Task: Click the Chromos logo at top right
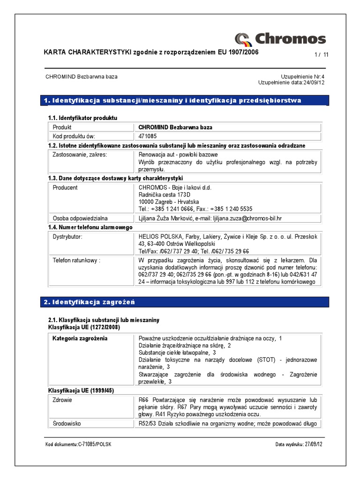[x=280, y=38]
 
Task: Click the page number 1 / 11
[x=322, y=55]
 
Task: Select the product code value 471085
[x=148, y=136]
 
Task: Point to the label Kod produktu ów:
[x=74, y=136]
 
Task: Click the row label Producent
[x=65, y=187]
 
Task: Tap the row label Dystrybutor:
[x=67, y=237]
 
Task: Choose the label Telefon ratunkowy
[x=76, y=260]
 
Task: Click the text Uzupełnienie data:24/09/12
[x=291, y=82]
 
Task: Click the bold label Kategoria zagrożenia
[x=80, y=338]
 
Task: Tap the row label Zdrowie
[x=62, y=400]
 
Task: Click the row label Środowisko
[x=67, y=423]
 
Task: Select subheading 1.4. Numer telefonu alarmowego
[x=90, y=227]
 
